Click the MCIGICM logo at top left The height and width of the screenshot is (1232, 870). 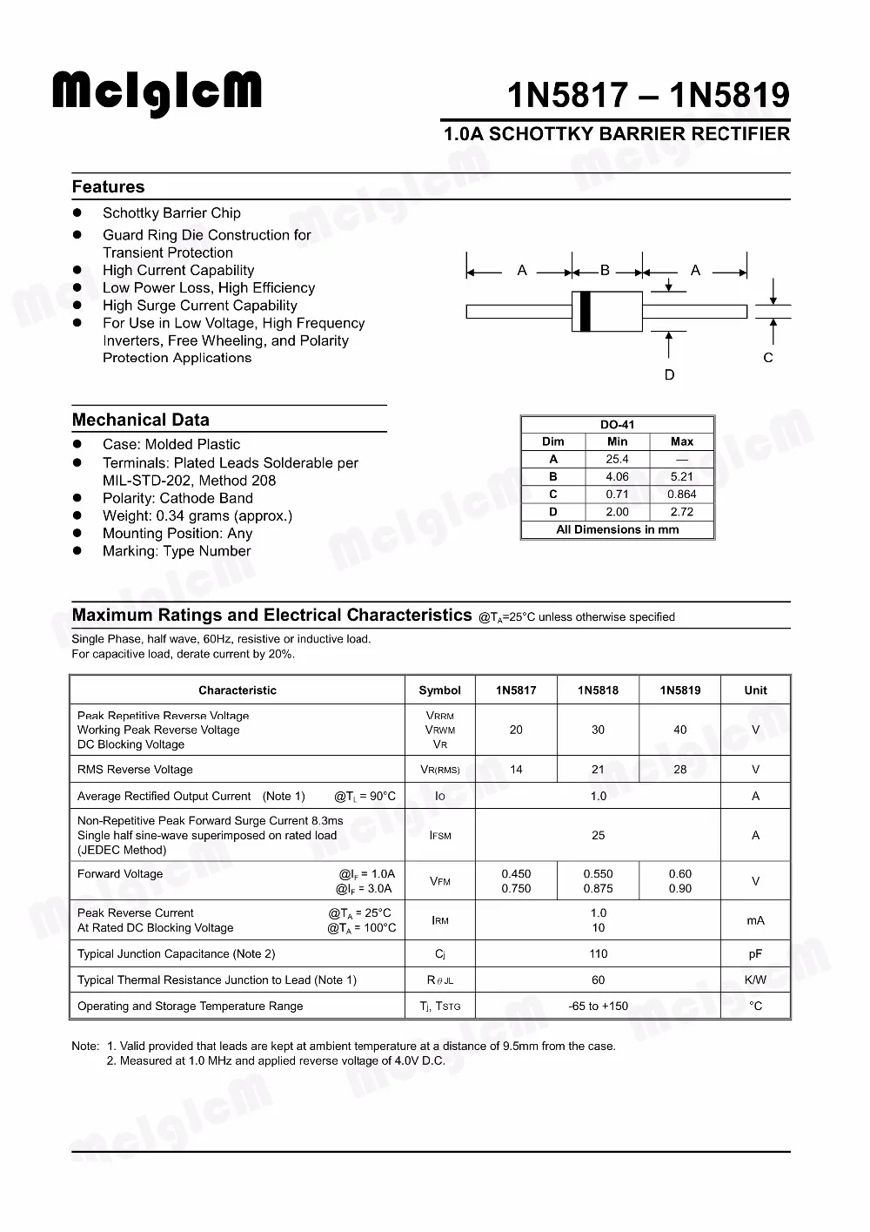point(157,93)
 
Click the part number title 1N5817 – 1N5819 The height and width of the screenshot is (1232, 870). point(648,95)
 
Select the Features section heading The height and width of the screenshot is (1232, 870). point(109,187)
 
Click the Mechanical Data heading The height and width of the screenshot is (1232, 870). point(141,420)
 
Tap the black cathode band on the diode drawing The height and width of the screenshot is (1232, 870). point(586,312)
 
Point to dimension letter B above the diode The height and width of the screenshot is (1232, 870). point(606,271)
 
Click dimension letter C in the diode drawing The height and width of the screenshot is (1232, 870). point(768,358)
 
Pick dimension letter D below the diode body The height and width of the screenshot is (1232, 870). point(669,375)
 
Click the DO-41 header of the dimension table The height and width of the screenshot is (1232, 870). point(618,425)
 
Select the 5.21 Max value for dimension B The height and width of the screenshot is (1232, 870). point(682,477)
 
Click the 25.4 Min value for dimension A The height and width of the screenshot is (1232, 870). point(618,459)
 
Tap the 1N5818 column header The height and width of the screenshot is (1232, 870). point(598,690)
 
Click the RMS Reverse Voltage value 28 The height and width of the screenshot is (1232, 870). point(680,770)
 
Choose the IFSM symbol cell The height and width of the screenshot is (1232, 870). point(440,836)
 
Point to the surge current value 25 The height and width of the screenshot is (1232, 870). point(599,836)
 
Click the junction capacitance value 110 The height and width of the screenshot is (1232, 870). point(599,954)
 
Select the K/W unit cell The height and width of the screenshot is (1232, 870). point(755,980)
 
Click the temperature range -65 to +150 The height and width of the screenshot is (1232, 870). point(599,1006)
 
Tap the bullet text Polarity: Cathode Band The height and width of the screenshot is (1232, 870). point(177,499)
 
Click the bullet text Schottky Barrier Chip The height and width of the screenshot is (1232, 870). point(171,213)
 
